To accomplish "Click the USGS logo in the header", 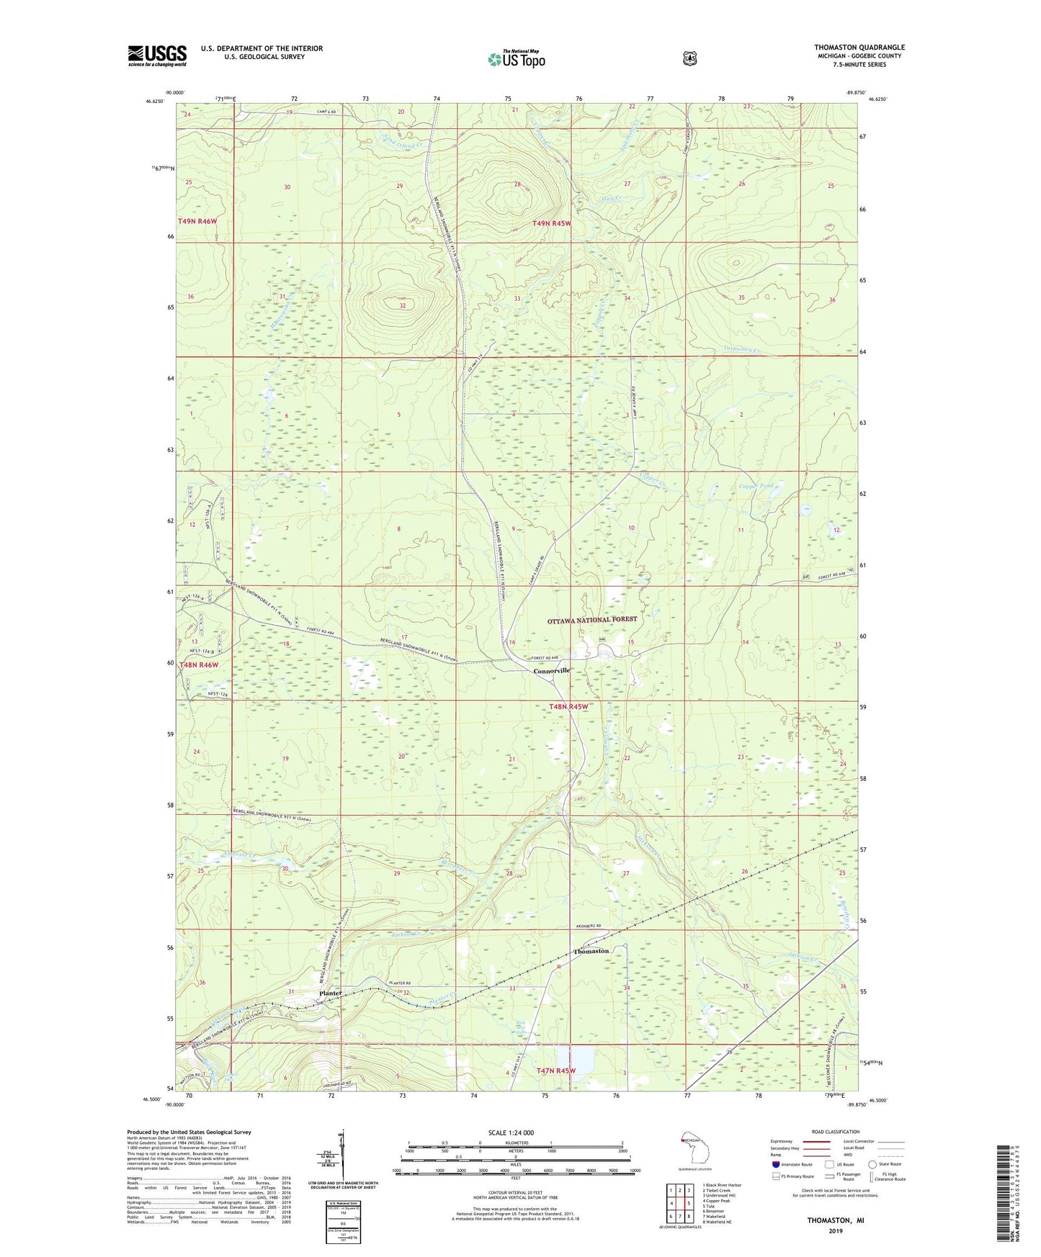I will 157,55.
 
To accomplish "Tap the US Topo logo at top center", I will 515,59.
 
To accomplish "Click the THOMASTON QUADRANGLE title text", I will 859,48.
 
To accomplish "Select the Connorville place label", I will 552,670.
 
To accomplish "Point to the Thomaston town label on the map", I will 591,951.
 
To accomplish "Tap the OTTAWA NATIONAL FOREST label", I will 592,619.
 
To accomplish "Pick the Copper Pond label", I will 756,486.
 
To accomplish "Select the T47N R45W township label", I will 556,1071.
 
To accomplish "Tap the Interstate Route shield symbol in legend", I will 775,1164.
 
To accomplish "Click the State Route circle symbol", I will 872,1164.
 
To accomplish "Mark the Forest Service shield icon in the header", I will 689,58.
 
